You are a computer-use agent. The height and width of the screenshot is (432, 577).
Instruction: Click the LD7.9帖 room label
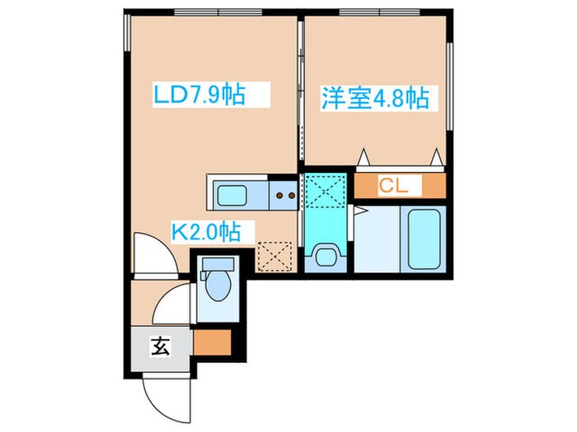coord(199,96)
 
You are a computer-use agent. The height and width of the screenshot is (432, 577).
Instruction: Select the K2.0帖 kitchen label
coord(205,232)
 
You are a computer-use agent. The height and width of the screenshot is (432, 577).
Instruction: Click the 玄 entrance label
coord(159,346)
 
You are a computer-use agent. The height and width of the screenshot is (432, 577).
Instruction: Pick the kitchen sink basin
coord(237,194)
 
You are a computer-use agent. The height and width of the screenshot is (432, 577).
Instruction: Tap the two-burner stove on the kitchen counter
coord(284,195)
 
